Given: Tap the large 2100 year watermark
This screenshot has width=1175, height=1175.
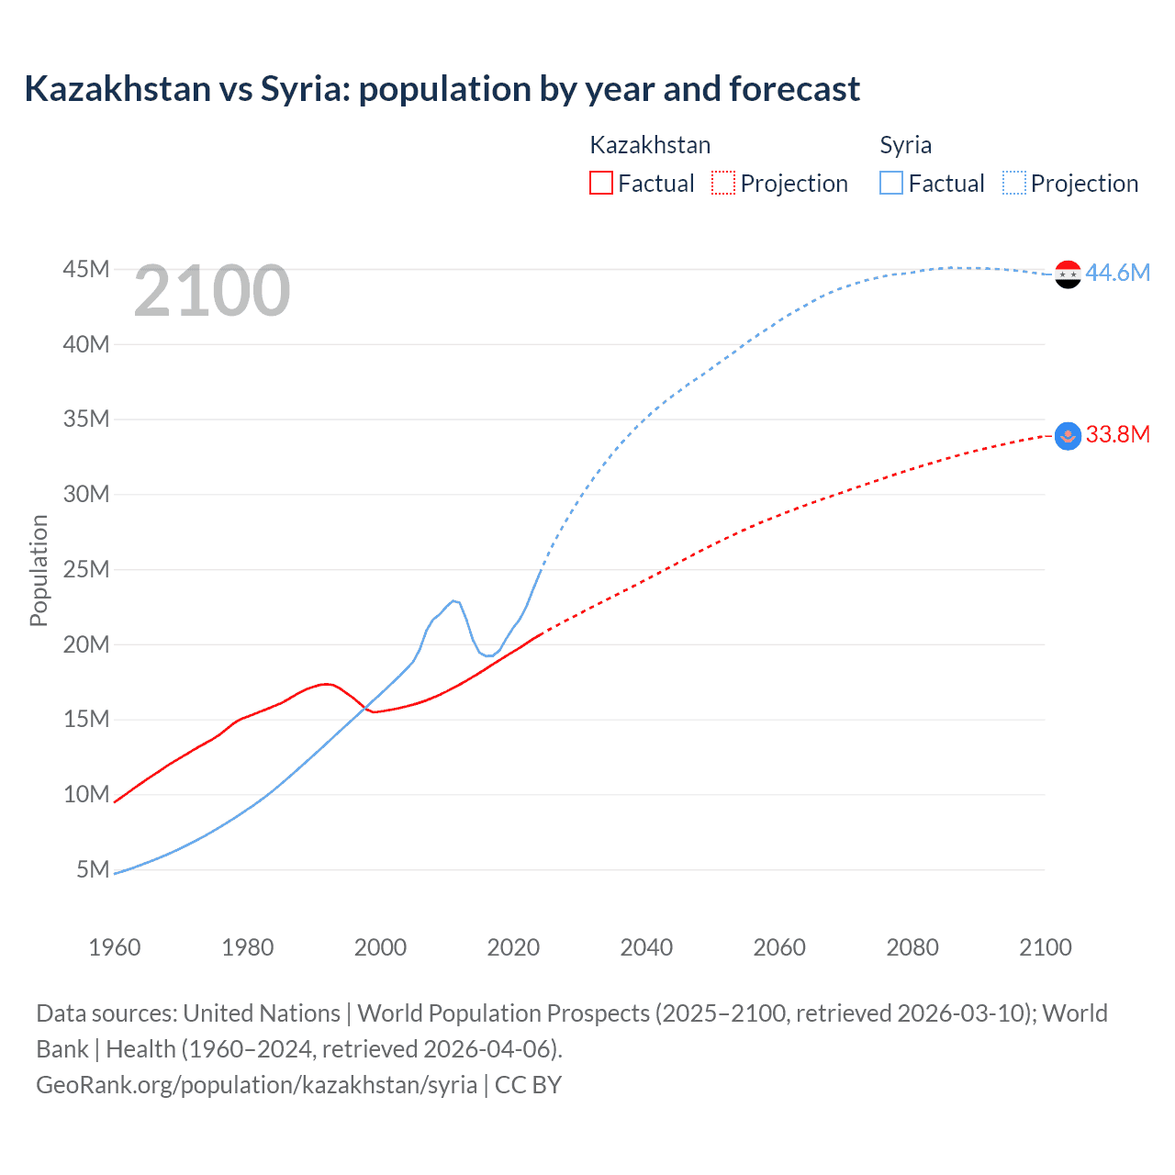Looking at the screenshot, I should pos(212,291).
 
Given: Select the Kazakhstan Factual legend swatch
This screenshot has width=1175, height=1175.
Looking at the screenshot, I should pos(600,183).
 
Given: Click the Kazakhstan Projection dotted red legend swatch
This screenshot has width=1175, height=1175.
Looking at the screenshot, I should pos(722,183).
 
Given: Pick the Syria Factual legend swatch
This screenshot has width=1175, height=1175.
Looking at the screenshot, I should pos(890,183).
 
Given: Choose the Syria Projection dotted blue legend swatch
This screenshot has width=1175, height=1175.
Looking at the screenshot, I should pos(1013,183).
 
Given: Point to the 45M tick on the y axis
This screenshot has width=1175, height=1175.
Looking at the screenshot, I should pos(86,269).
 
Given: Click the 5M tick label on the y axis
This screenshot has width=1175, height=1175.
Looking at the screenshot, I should pos(93,868).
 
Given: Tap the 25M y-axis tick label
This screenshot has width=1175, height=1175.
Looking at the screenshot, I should pos(86,569).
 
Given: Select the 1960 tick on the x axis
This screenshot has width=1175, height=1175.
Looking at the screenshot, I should pos(115,947).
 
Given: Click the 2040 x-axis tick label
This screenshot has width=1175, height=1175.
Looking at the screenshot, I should pos(646,947).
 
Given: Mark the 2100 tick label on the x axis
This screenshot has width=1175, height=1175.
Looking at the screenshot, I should pos(1045,947).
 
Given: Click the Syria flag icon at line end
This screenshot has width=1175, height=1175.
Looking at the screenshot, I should pos(1068,274).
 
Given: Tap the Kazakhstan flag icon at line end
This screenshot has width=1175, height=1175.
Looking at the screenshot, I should pos(1068,435).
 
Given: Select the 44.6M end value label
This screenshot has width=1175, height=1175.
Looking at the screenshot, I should pos(1117,273).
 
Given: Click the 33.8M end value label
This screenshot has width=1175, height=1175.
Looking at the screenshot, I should pos(1117,434).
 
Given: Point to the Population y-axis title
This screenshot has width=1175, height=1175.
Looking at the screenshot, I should pos(39,570).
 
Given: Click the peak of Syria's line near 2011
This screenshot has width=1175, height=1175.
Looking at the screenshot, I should pos(453,600).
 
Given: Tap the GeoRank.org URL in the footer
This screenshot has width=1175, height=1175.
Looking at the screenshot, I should pos(256,1084).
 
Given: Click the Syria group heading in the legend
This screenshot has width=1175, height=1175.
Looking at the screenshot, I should pos(905,145).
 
